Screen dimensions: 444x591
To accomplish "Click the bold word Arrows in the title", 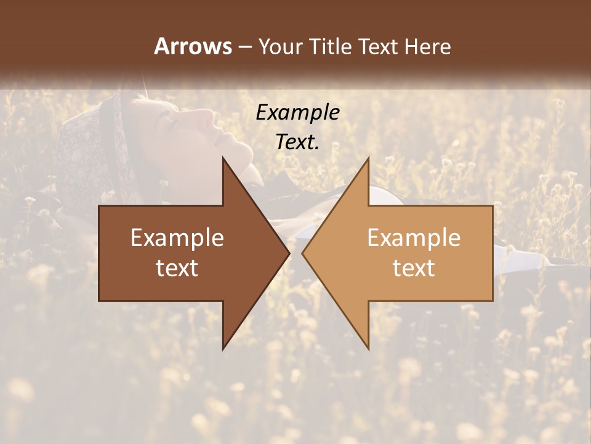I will pos(193,46).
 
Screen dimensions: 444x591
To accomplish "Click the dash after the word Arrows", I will pos(244,47).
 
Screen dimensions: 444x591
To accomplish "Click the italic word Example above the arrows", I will pos(298,112).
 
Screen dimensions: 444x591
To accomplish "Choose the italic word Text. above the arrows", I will pos(298,142).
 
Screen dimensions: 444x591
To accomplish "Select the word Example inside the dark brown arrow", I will pos(177,238).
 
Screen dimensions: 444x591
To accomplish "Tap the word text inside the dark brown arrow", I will pos(177,268).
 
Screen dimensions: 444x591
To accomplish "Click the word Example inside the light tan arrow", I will pos(414,238).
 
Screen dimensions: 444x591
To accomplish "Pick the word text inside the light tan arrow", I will pos(414,268).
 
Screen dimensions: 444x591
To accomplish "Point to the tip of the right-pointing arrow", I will pos(289,253).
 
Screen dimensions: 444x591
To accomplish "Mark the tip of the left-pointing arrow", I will pos(302,253).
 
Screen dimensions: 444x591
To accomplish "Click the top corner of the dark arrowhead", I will pos(223,158).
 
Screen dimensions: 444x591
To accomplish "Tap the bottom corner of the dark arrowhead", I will pos(223,349).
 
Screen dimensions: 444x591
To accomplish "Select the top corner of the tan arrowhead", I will pos(368,158).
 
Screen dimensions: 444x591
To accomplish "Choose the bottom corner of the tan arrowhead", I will pos(368,349).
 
